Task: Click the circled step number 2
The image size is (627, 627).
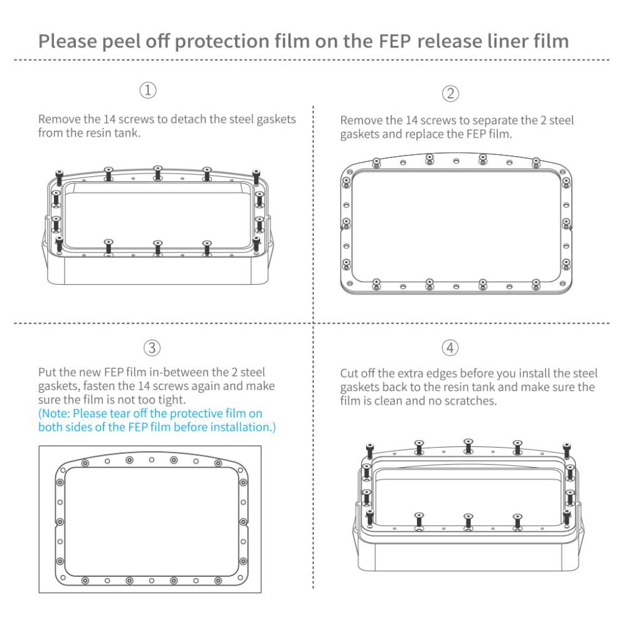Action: click(x=451, y=94)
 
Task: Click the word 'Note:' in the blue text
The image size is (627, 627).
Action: click(x=60, y=414)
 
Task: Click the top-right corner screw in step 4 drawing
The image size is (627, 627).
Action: click(x=567, y=449)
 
